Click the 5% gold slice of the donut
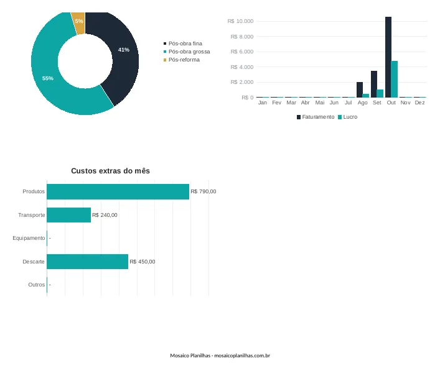point(78,23)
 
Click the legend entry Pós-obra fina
point(183,44)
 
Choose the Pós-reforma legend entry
point(182,60)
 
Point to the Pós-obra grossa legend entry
point(187,52)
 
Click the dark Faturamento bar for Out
point(388,57)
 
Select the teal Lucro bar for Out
point(395,80)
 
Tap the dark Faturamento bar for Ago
point(360,89)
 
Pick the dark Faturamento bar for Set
point(374,84)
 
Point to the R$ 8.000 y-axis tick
point(242,37)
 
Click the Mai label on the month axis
point(320,103)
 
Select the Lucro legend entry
point(348,117)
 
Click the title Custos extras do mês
point(110,171)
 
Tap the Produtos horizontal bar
point(118,191)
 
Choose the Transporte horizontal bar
point(68,215)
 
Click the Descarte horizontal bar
point(88,262)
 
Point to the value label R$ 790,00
point(204,191)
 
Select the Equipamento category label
point(29,238)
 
